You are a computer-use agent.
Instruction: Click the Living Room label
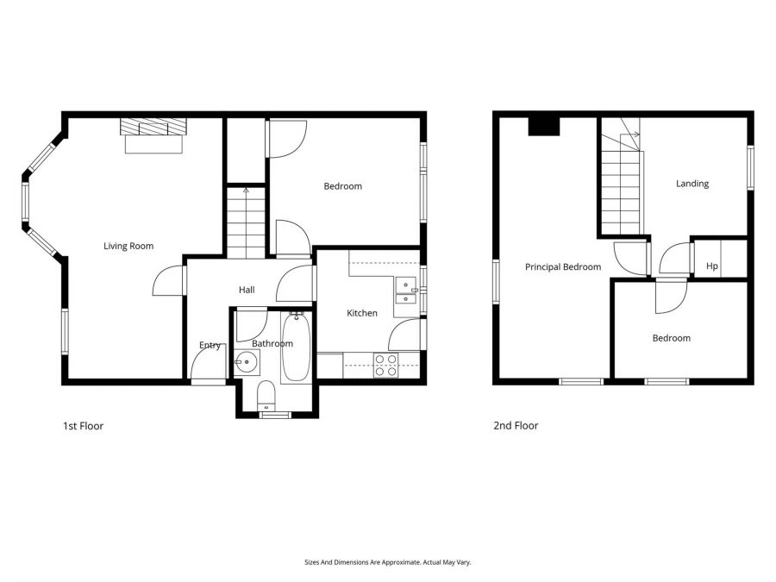click(128, 247)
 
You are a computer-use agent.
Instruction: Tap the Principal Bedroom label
click(563, 267)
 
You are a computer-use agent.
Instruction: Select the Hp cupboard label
click(712, 266)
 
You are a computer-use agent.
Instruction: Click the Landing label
click(692, 184)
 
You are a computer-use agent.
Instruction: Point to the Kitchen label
click(362, 313)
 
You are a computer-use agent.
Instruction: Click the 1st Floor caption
click(83, 426)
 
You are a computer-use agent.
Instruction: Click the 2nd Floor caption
click(516, 426)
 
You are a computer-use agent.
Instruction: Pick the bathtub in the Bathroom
click(294, 347)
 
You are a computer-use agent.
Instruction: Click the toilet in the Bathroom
click(266, 395)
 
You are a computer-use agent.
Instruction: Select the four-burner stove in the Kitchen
click(385, 366)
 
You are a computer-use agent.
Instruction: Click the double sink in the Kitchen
click(405, 291)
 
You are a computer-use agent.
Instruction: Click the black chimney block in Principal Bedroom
click(544, 126)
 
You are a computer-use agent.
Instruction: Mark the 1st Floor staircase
click(247, 222)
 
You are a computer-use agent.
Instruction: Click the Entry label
click(210, 346)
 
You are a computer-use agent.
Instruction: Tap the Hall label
click(247, 291)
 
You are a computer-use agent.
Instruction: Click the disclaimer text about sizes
click(387, 562)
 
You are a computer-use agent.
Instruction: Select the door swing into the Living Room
click(169, 281)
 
